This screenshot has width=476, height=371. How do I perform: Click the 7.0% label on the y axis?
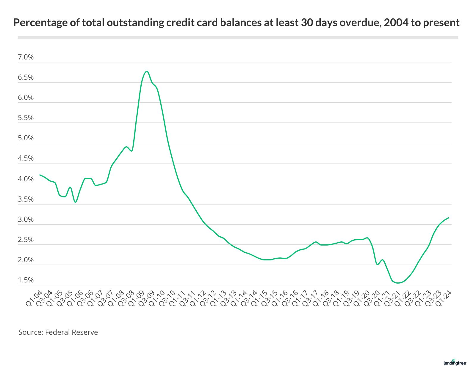pyautogui.click(x=26, y=57)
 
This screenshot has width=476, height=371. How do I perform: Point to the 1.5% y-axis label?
pyautogui.click(x=26, y=280)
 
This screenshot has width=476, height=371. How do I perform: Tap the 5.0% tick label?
pyautogui.click(x=26, y=138)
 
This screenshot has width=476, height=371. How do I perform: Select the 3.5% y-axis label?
pyautogui.click(x=26, y=199)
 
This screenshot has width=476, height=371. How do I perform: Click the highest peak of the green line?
pyautogui.click(x=147, y=71)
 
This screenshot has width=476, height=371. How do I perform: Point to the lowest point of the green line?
pyautogui.click(x=398, y=283)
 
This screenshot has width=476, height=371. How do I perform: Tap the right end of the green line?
pyautogui.click(x=449, y=218)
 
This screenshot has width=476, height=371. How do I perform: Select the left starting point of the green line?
pyautogui.click(x=40, y=175)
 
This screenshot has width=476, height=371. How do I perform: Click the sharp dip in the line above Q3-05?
pyautogui.click(x=76, y=202)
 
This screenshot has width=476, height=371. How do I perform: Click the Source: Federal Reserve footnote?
pyautogui.click(x=58, y=332)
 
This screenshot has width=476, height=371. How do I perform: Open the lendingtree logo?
pyautogui.click(x=455, y=362)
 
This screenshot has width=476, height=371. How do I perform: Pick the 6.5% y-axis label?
pyautogui.click(x=26, y=78)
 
